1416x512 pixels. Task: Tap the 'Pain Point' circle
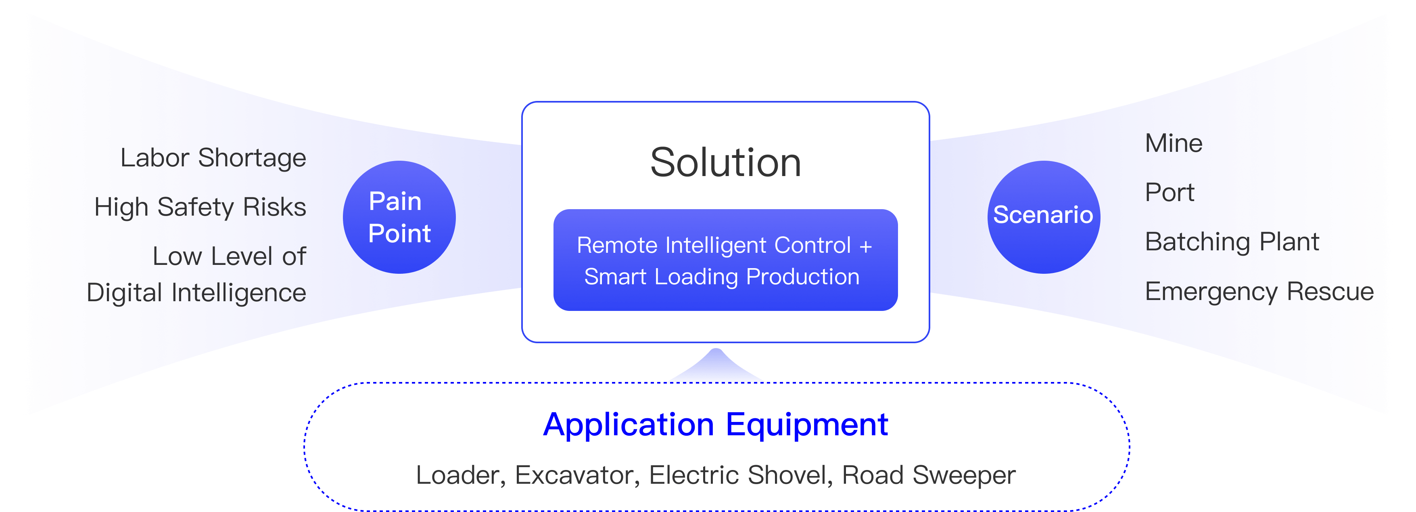399,217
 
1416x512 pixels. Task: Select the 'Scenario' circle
1043,216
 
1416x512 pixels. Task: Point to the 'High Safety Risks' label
200,207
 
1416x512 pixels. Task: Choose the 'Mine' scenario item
1174,143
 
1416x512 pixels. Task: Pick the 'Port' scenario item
1169,193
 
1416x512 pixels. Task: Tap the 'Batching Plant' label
1232,242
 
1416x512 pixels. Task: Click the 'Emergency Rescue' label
1259,292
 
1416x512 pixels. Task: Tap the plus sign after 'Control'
866,246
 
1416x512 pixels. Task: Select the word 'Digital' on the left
125,293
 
